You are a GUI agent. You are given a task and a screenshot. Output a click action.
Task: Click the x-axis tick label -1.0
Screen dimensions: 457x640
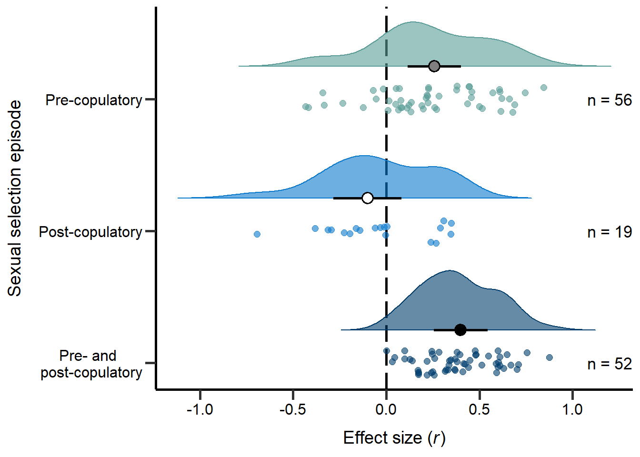tap(200, 409)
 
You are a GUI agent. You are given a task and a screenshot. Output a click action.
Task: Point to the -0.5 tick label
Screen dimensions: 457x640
tap(292, 409)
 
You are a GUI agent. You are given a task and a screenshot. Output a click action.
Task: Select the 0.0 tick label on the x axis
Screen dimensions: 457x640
tap(386, 409)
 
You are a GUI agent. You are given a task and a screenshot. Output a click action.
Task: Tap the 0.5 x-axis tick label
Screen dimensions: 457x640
tap(479, 409)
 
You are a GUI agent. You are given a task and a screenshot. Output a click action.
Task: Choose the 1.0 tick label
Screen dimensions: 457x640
tap(572, 409)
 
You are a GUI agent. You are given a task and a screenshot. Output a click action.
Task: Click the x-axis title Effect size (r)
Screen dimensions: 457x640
tap(394, 438)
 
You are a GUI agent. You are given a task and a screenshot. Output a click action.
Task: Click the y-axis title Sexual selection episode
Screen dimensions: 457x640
tap(15, 198)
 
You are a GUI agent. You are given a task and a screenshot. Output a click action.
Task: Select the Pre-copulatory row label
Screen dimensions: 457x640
tap(94, 100)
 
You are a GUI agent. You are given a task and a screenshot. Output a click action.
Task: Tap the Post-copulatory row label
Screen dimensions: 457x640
tap(90, 232)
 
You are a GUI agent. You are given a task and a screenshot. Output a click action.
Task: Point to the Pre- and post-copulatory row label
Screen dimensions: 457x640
tap(91, 364)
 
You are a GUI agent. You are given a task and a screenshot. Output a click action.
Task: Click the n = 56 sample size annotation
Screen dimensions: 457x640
tap(610, 100)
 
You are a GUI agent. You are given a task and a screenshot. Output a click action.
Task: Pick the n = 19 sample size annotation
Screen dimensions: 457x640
tap(610, 232)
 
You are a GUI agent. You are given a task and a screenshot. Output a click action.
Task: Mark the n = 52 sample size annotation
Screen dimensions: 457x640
tap(610, 364)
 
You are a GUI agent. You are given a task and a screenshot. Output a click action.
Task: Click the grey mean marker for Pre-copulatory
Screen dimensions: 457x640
tap(434, 66)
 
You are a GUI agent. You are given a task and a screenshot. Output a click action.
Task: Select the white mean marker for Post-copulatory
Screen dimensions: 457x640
tap(367, 198)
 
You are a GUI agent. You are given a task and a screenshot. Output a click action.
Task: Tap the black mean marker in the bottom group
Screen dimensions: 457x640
tap(460, 330)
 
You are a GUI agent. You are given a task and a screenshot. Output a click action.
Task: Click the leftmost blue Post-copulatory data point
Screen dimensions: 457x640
tap(257, 234)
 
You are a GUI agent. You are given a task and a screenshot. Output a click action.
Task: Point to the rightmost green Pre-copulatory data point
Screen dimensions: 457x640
tap(543, 88)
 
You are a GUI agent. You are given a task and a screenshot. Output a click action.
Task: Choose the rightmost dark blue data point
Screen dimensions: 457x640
tap(549, 358)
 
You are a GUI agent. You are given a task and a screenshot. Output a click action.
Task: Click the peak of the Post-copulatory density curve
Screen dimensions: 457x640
tap(363, 156)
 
